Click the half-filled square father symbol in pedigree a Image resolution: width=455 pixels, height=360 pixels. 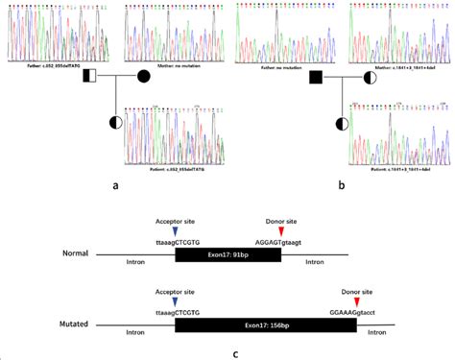[x=88, y=75]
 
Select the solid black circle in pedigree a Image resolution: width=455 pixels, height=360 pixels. [x=144, y=75]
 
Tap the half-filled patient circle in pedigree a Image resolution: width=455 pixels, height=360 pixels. [x=116, y=122]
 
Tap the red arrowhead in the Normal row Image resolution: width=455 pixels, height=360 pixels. [x=281, y=231]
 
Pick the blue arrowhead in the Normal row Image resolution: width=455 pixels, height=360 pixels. [x=174, y=231]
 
